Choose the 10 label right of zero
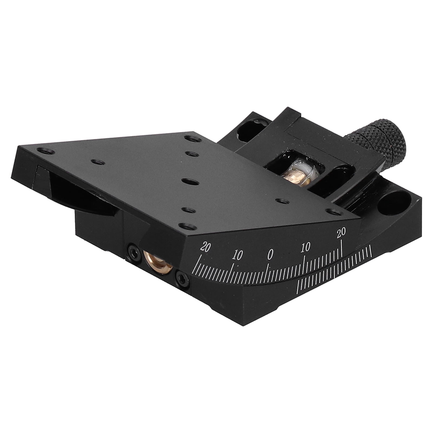coord(306,247)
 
